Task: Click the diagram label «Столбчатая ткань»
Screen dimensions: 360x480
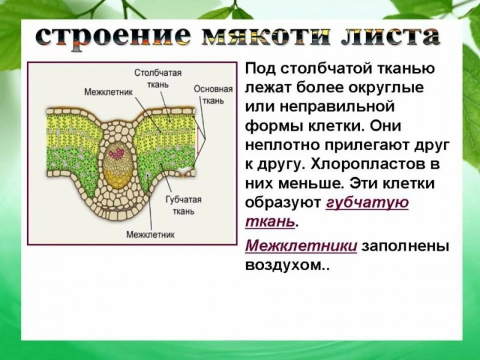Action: tap(158, 79)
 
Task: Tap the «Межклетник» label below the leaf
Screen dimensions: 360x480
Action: tap(150, 234)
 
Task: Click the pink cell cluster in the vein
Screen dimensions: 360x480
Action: tap(116, 151)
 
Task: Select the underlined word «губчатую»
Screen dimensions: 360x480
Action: tap(367, 203)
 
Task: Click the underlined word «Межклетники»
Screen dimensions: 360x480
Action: tap(301, 246)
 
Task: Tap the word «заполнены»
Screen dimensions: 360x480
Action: tap(405, 246)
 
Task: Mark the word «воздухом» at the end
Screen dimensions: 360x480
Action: tap(282, 265)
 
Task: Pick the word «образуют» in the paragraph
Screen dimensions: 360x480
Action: tap(282, 203)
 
